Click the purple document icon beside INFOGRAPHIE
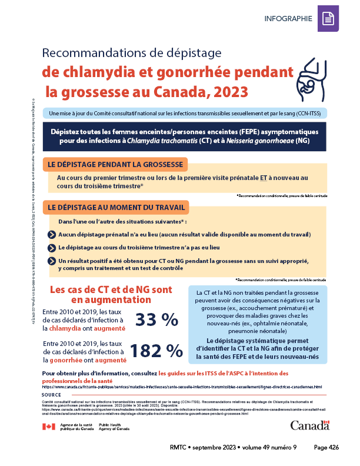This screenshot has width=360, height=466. [x=328, y=19]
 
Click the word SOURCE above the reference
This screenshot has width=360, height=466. [x=52, y=395]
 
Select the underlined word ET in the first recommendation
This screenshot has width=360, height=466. [x=265, y=177]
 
